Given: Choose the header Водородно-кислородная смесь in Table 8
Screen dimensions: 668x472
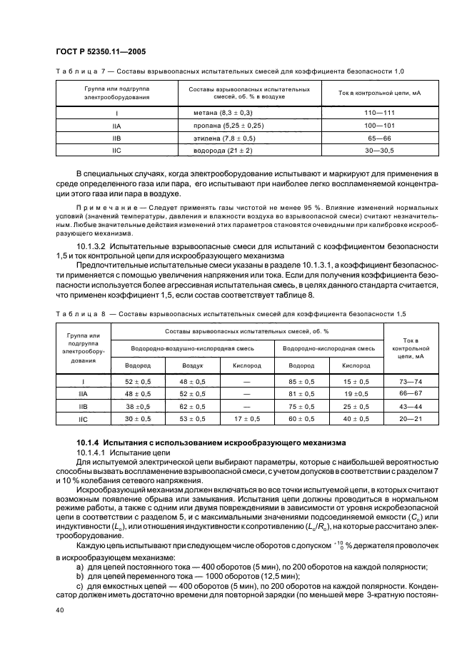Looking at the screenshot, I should (329, 348).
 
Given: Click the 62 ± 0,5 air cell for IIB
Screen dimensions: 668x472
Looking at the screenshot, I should (192, 406).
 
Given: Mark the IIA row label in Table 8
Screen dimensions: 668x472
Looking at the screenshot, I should (83, 394).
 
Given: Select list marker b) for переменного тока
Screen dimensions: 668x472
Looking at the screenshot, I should (79, 567).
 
